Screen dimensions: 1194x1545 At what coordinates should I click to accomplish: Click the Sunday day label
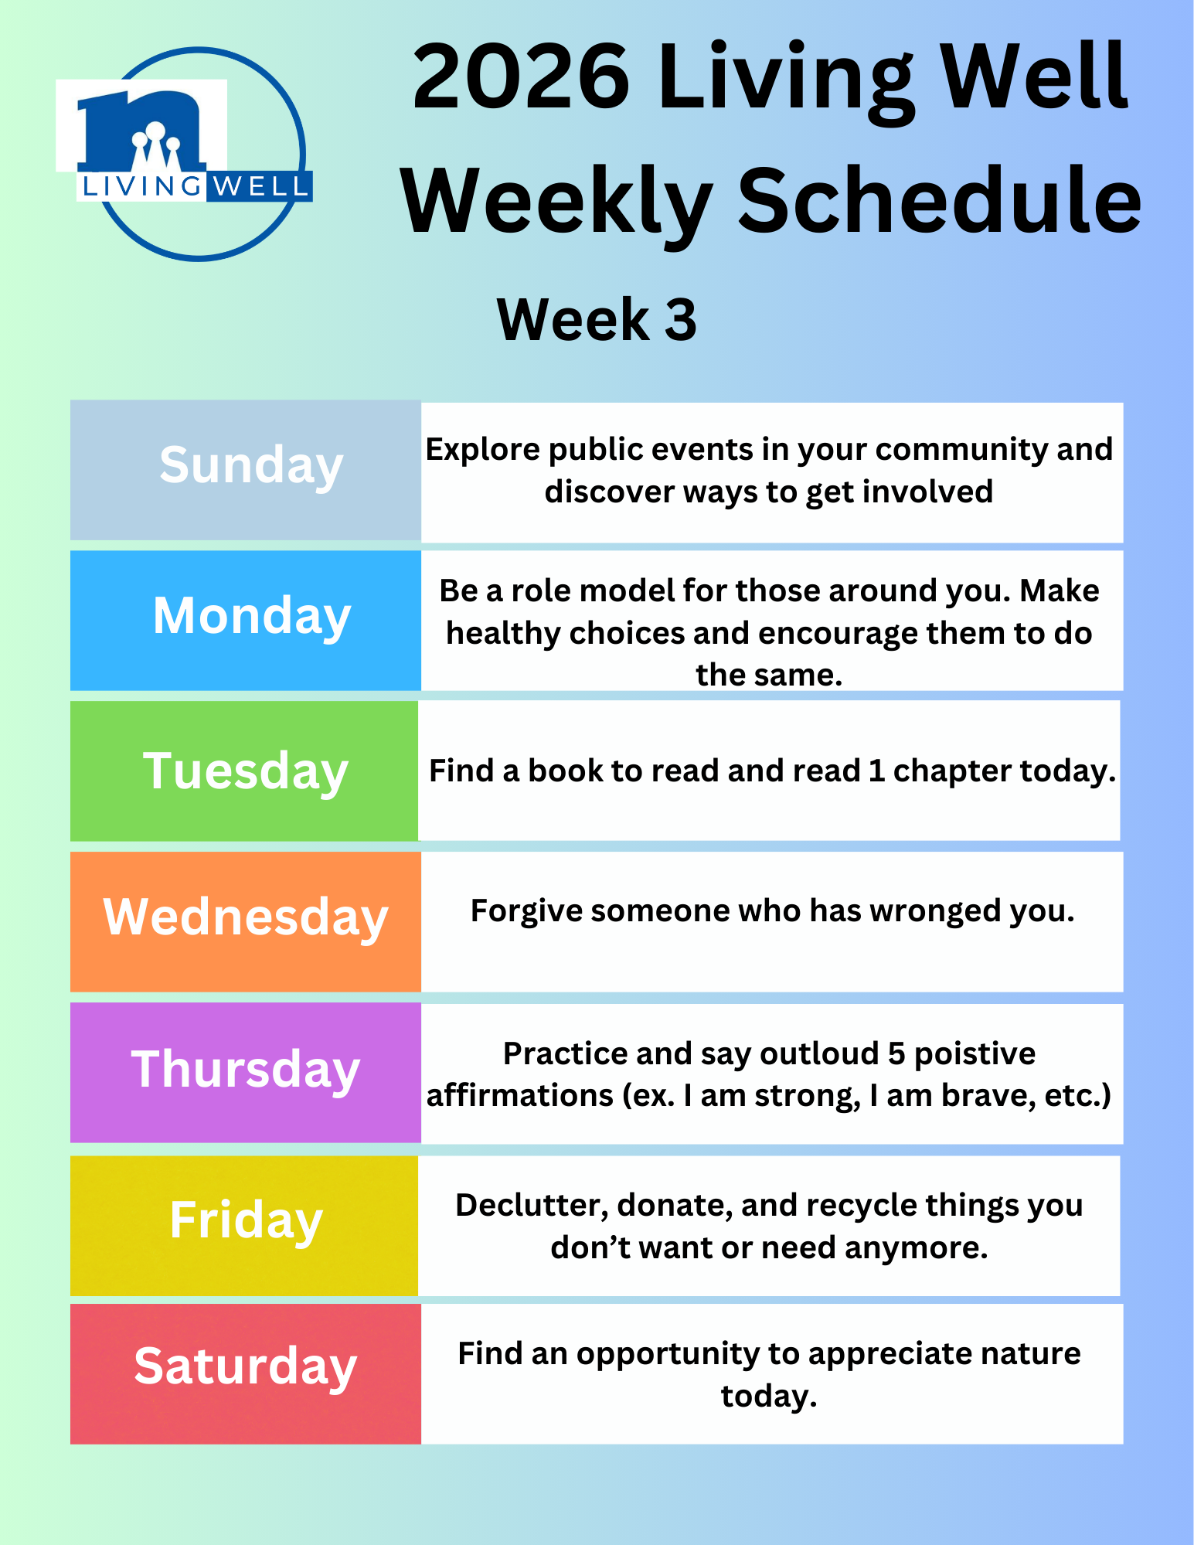point(246,470)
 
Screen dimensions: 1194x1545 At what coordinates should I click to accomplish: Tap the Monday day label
point(246,620)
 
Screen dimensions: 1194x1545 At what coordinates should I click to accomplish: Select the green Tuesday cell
point(244,771)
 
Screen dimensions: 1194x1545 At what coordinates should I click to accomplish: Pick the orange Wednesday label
point(246,921)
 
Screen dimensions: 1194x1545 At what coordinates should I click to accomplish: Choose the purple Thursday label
point(246,1072)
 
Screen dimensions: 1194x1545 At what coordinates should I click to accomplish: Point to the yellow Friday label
point(244,1226)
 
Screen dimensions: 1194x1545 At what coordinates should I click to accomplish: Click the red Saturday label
point(246,1373)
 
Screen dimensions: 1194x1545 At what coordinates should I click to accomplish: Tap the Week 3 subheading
point(597,319)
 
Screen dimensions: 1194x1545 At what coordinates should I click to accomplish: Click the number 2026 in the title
point(521,77)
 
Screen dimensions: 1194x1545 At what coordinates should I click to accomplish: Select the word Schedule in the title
point(940,200)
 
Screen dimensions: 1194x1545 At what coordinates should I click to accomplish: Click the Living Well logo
point(184,154)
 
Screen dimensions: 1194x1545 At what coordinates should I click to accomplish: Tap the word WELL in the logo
point(260,186)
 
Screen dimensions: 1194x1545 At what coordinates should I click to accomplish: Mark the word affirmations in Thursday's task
point(520,1096)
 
